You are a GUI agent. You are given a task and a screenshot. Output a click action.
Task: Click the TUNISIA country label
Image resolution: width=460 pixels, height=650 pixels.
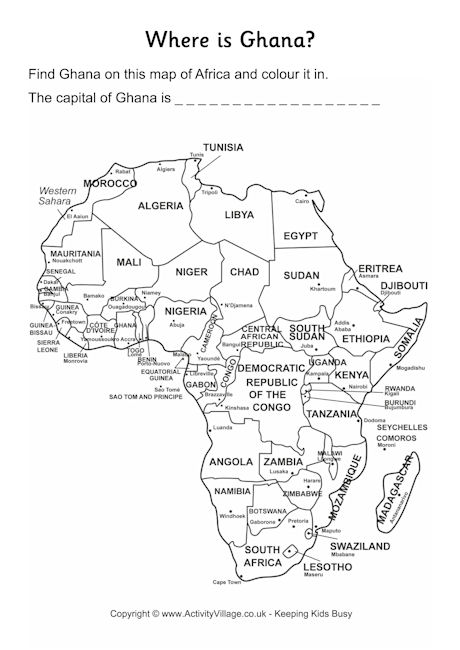coord(223,147)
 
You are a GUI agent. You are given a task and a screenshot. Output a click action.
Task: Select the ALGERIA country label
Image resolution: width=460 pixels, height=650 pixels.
coord(160,205)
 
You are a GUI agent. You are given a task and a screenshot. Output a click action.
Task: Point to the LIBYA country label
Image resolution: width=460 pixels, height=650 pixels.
coord(239,214)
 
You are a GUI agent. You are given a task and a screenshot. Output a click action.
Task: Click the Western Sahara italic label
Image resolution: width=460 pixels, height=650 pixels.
coord(59,195)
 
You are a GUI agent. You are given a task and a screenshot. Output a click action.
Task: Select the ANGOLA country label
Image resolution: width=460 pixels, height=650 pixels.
coord(231,462)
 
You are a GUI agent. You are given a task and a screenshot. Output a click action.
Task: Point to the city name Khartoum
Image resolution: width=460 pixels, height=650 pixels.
coord(323,288)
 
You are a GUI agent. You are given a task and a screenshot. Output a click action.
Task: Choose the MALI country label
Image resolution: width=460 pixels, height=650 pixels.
coord(128,262)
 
